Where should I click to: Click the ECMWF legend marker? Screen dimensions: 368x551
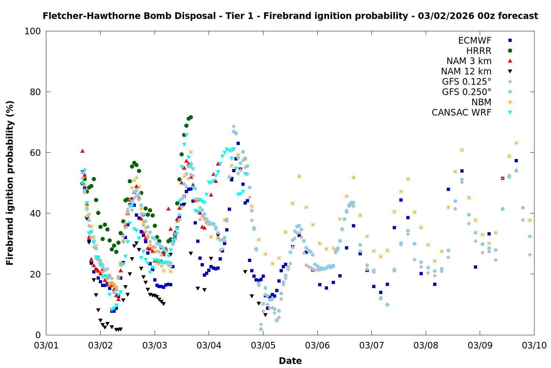pos(510,40)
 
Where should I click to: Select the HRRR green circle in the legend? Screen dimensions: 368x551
pos(510,51)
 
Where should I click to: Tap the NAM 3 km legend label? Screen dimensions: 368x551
pos(469,61)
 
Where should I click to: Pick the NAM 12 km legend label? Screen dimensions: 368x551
pos(466,71)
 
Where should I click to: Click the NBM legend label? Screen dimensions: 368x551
pos(481,102)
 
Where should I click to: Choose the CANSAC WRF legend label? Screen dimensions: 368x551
pos(461,113)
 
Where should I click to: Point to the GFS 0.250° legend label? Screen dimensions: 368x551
pos(467,92)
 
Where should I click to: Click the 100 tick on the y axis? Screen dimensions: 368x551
pos(33,31)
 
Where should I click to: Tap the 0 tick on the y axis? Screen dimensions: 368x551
pos(38,335)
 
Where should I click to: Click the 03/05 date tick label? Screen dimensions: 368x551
pos(263,346)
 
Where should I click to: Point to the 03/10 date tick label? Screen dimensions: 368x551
pos(534,346)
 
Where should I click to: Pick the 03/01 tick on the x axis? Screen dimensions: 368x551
pos(46,346)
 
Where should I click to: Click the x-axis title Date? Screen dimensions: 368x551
pos(290,361)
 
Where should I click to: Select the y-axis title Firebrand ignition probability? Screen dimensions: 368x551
pos(10,183)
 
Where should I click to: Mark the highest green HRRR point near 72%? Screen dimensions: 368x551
pos(191,117)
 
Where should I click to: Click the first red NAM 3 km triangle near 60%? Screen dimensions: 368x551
pos(82,151)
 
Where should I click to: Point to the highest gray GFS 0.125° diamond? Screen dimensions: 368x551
pos(234,127)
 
